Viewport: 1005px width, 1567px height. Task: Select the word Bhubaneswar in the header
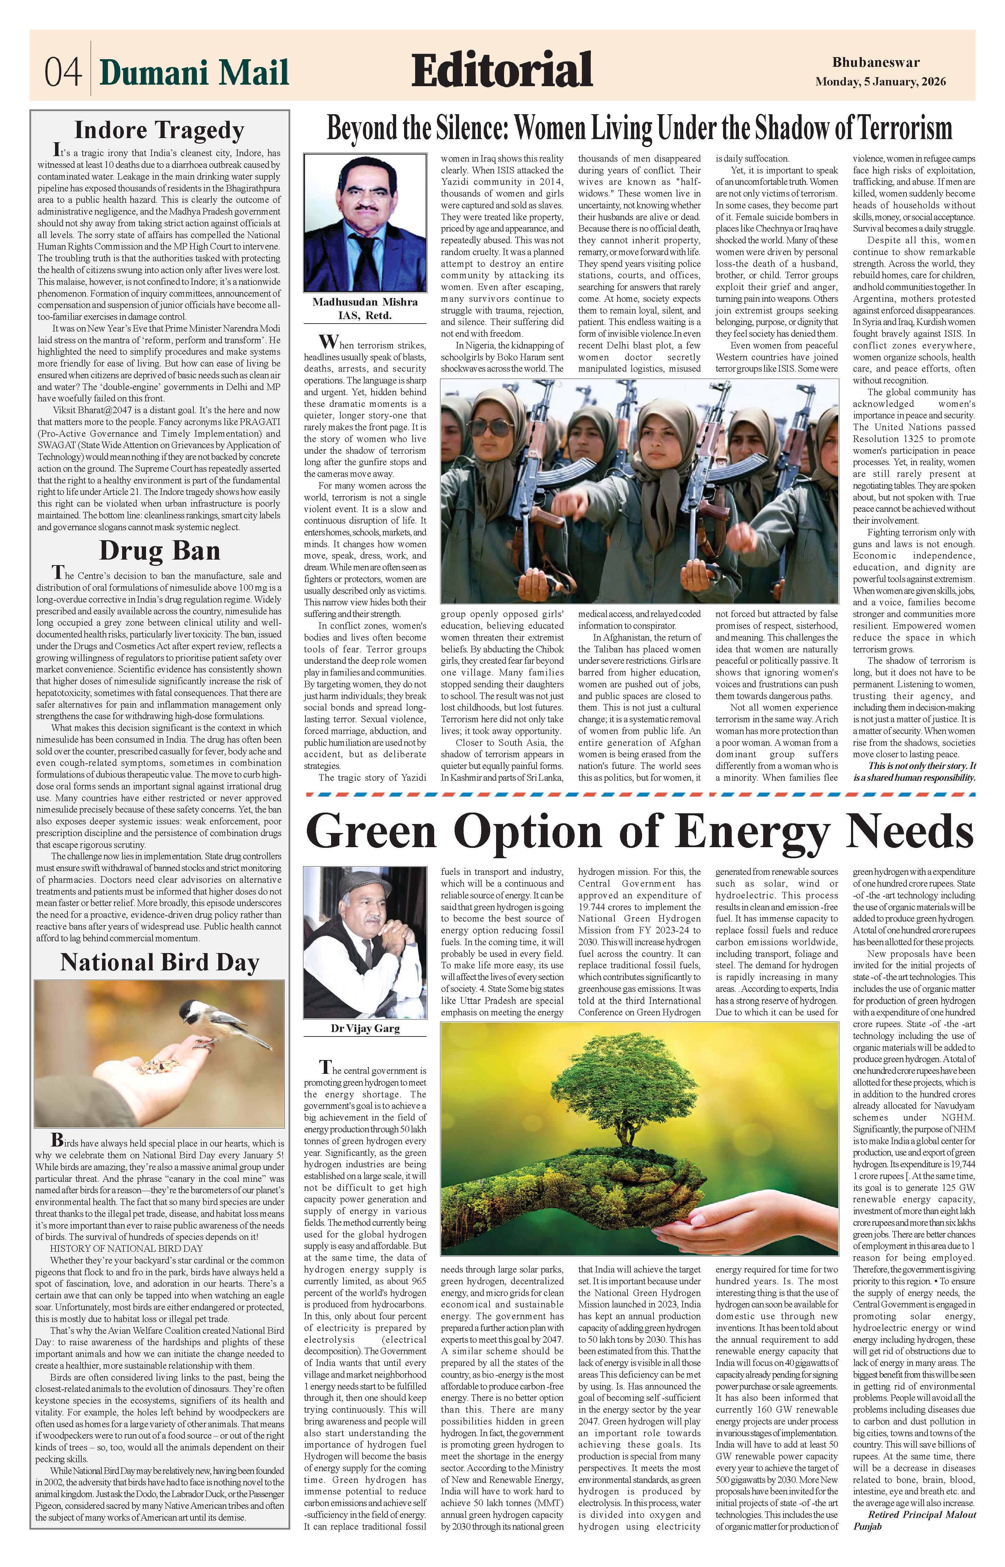(876, 63)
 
